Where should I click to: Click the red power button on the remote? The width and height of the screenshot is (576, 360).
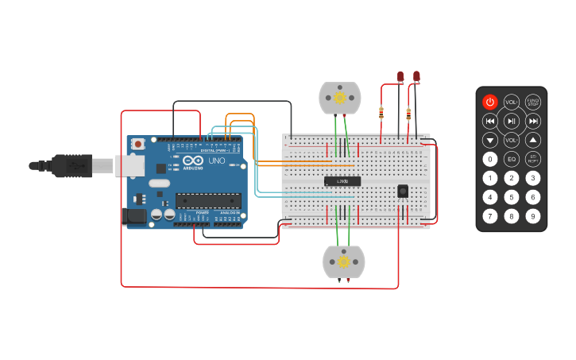pyautogui.click(x=490, y=102)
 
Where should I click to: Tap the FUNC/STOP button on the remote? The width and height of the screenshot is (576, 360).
pyautogui.click(x=533, y=102)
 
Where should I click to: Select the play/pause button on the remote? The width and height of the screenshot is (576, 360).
pyautogui.click(x=512, y=121)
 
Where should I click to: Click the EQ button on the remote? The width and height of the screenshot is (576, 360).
pyautogui.click(x=512, y=159)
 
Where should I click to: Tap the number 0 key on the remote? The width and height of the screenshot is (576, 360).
pyautogui.click(x=490, y=159)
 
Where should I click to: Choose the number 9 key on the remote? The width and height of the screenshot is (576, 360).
pyautogui.click(x=533, y=215)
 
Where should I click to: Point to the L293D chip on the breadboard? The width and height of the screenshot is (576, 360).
pyautogui.click(x=342, y=181)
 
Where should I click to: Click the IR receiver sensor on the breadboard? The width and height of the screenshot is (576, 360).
pyautogui.click(x=403, y=191)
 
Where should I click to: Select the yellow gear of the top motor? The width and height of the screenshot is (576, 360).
pyautogui.click(x=340, y=98)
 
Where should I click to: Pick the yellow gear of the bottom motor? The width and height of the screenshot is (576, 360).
pyautogui.click(x=344, y=261)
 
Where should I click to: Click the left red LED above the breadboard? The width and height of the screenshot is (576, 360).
pyautogui.click(x=400, y=77)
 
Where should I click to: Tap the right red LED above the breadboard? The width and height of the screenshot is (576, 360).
pyautogui.click(x=416, y=77)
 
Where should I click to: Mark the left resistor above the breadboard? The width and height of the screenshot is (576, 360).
pyautogui.click(x=381, y=112)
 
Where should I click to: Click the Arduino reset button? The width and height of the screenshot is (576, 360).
pyautogui.click(x=138, y=144)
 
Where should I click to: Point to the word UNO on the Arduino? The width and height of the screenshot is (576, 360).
pyautogui.click(x=217, y=161)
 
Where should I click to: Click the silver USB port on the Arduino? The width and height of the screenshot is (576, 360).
pyautogui.click(x=130, y=165)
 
